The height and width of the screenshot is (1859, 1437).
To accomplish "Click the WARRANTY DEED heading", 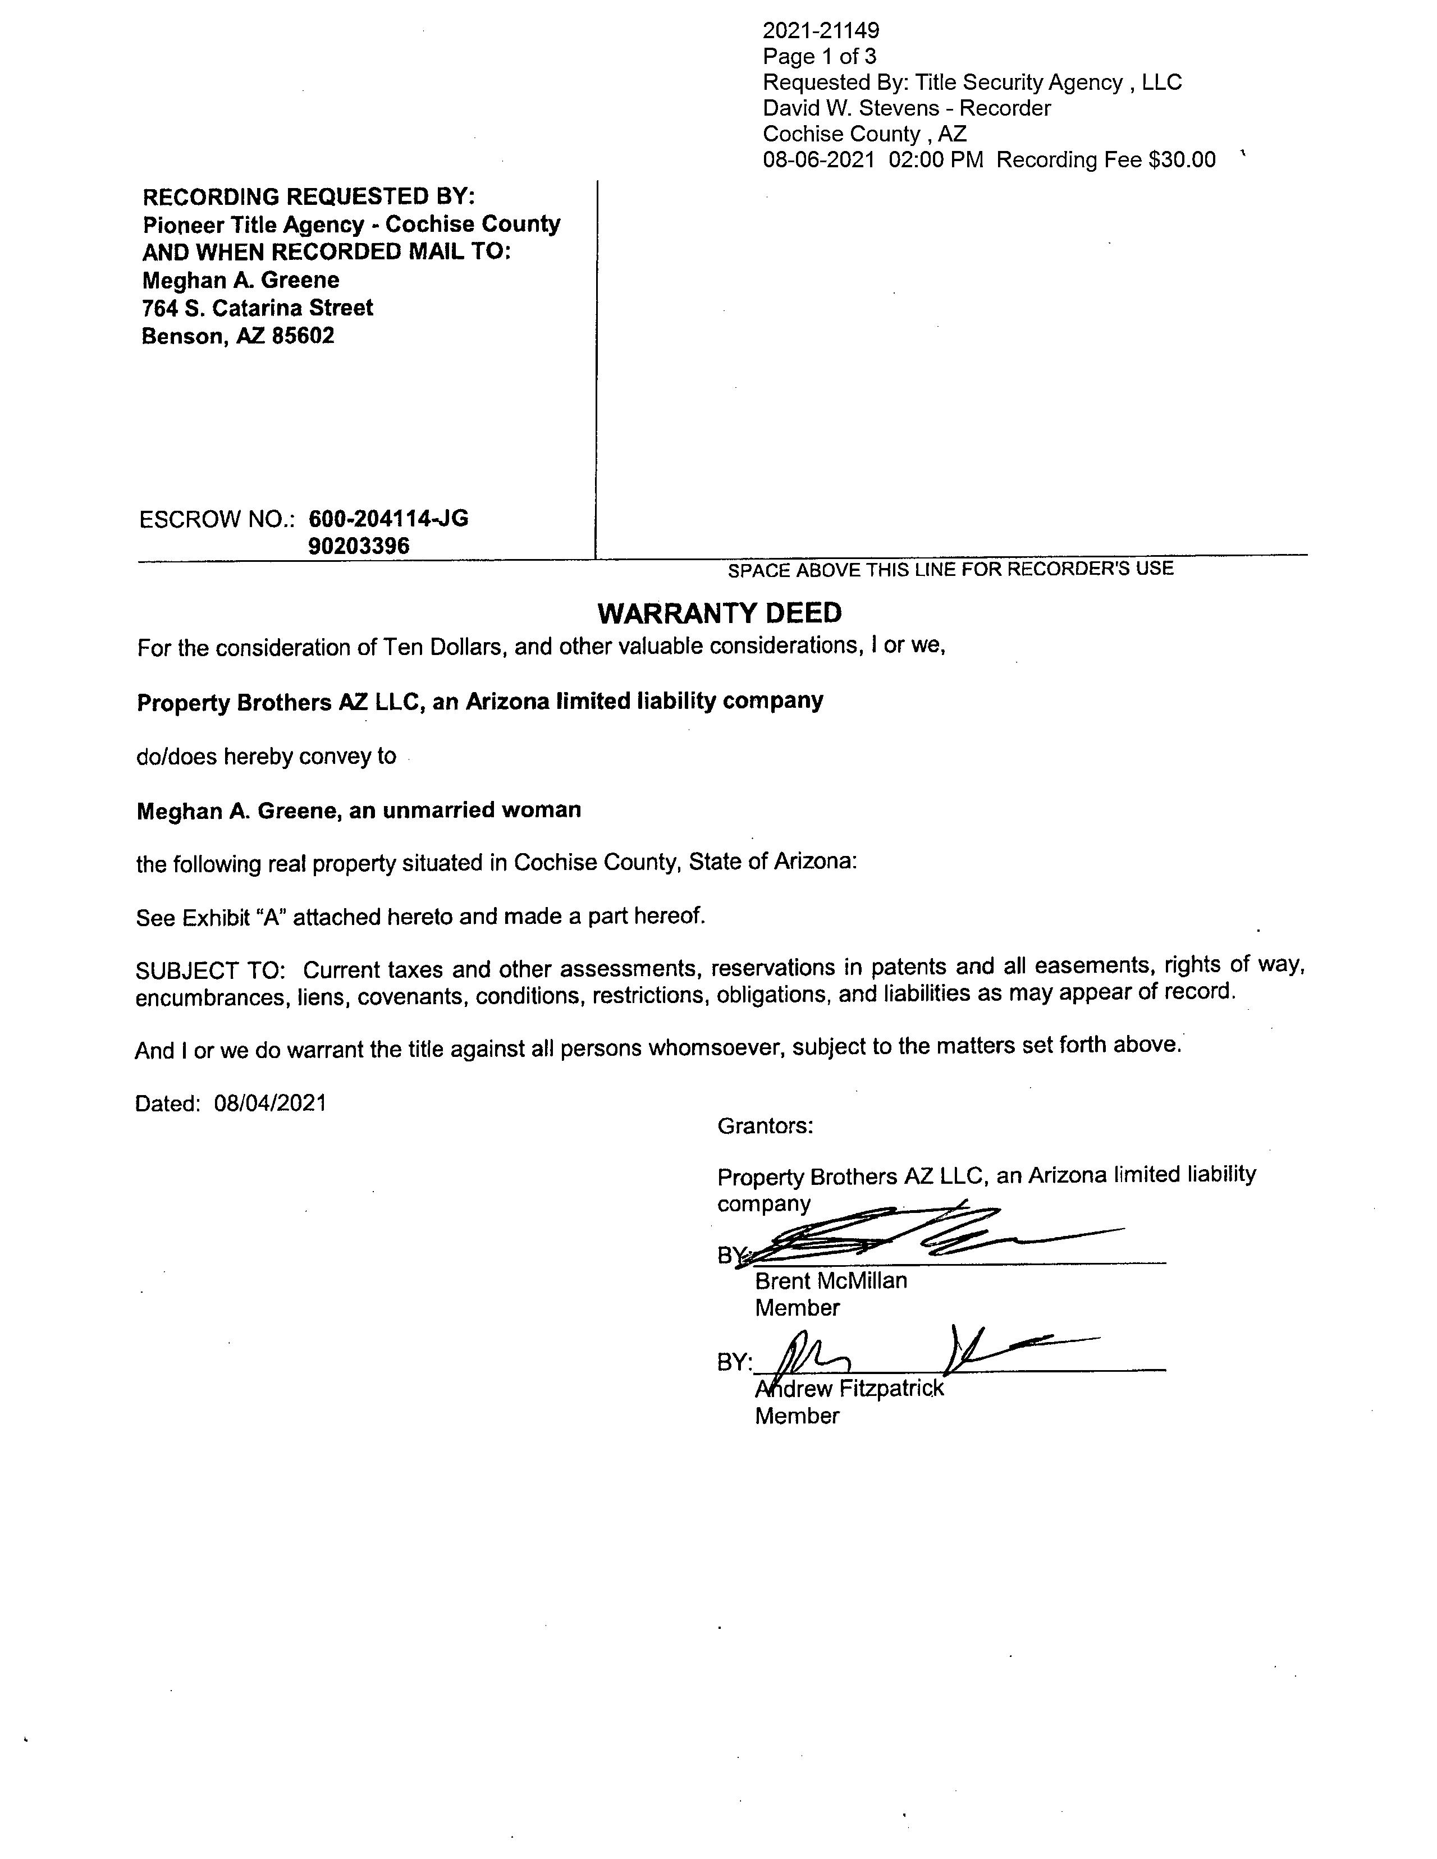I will (x=720, y=613).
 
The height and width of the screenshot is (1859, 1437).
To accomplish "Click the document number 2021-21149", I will (x=821, y=31).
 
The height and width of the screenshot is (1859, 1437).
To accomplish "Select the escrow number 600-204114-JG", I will (x=388, y=519).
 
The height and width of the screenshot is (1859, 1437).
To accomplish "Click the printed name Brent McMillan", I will (x=831, y=1281).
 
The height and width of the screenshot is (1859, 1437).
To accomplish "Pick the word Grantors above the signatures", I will (x=765, y=1126).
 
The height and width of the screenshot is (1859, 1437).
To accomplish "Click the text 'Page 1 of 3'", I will (x=819, y=57).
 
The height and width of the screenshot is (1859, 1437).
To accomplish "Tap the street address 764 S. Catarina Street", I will (x=257, y=308).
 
